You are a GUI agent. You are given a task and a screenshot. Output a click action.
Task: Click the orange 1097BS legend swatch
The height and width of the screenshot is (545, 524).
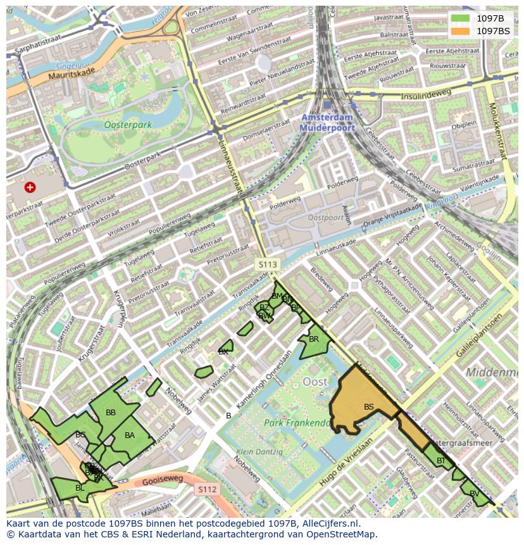click(x=460, y=30)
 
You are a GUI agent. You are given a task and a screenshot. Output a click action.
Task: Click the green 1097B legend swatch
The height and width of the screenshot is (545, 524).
click(x=460, y=18)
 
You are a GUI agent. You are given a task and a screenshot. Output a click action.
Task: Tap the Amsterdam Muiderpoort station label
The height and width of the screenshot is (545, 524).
click(x=327, y=123)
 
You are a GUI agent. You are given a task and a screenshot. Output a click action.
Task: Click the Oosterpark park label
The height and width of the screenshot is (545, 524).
click(x=128, y=125)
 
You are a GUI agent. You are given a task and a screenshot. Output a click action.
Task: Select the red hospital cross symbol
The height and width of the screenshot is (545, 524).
click(x=30, y=187)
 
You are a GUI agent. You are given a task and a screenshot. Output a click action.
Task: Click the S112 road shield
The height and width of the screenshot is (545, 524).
click(x=207, y=489)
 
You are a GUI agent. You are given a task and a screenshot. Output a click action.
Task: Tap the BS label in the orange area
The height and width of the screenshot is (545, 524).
click(x=369, y=406)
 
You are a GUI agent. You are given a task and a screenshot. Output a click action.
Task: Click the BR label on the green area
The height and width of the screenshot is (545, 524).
click(x=314, y=339)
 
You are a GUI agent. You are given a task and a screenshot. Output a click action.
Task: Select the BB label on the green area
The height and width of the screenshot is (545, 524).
click(x=111, y=413)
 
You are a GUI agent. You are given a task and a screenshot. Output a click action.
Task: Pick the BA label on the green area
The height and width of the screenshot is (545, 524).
click(x=130, y=435)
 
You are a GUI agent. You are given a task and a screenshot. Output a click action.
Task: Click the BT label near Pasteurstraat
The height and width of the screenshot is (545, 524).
click(x=441, y=461)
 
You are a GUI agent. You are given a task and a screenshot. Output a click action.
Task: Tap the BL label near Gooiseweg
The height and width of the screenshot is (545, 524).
click(x=80, y=487)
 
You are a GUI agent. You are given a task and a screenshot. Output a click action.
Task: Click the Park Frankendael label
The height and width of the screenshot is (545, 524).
click(x=297, y=423)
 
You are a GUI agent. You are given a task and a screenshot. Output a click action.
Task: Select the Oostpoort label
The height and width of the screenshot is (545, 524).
click(x=325, y=217)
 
